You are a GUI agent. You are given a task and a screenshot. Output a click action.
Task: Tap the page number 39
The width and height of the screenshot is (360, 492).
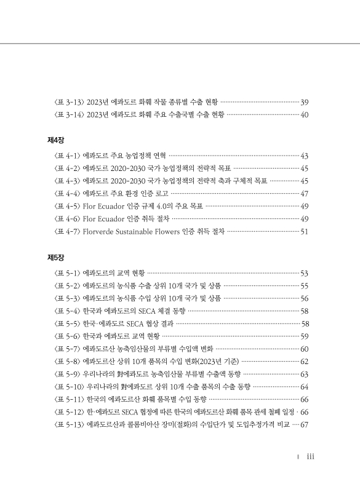point(304,101)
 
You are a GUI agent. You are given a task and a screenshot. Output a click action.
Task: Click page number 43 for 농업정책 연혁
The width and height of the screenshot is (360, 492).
point(304,156)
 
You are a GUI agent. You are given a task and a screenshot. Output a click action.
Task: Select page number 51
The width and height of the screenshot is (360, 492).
point(304,231)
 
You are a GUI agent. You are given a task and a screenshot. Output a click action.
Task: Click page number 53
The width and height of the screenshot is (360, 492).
point(304,272)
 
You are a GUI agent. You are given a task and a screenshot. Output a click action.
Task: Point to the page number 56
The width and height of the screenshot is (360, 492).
point(304,298)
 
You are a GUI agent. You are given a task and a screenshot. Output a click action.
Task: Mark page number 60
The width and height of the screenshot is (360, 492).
point(304,349)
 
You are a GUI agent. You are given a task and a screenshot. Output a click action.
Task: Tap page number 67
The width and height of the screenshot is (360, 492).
point(304,424)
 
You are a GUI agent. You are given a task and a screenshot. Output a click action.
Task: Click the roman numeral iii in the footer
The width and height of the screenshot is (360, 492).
point(311,457)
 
